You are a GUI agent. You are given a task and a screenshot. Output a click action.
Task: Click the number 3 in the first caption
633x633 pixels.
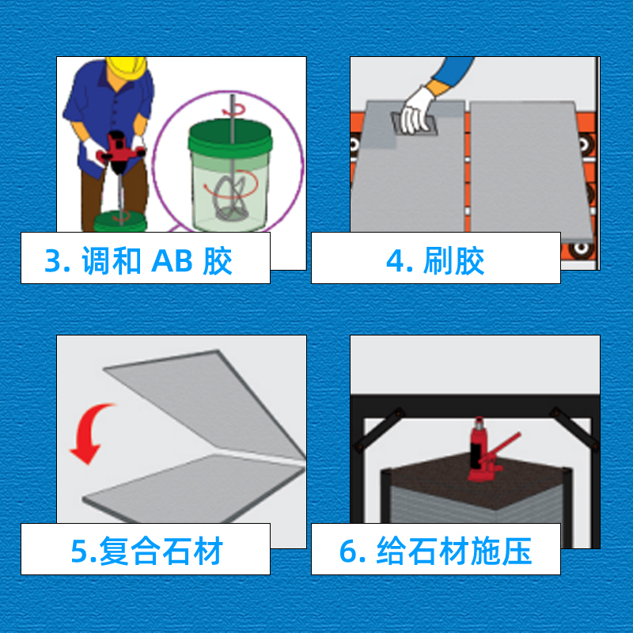point(52,260)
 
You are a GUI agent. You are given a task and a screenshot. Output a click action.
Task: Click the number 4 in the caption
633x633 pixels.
point(396,260)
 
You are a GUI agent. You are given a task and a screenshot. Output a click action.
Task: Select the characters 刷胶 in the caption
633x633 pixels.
point(453,260)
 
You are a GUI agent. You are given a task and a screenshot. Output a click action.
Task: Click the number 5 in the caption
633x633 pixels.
point(79,552)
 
